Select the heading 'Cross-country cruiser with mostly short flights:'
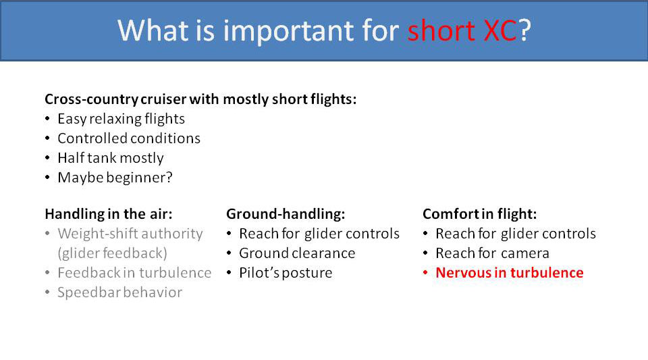[200, 99]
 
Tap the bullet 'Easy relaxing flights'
[121, 119]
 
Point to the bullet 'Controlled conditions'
[128, 138]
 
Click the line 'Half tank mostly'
[110, 158]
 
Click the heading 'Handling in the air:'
[108, 214]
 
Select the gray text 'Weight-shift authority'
[130, 234]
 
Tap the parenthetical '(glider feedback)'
[112, 253]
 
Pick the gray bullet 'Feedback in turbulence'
[134, 273]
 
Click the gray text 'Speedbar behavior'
[119, 292]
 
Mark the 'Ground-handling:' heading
[286, 214]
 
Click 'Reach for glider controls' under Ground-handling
[319, 234]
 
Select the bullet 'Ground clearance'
[296, 253]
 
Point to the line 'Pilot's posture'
[285, 273]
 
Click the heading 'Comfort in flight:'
[479, 214]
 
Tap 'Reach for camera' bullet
[492, 253]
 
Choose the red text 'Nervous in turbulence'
[509, 273]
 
